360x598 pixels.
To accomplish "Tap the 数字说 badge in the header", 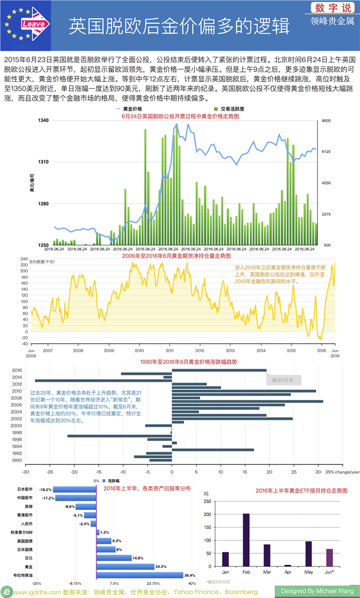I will [332, 8].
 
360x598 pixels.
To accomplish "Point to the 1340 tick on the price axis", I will [44, 120].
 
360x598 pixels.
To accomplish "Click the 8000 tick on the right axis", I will [326, 120].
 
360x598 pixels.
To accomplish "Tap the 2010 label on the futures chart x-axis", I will [139, 350].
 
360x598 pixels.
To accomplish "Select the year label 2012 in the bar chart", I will [17, 384].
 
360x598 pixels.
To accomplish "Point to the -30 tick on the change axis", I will [25, 472].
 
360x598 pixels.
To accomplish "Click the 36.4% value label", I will [190, 575].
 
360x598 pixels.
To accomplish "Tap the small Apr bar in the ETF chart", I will [287, 565].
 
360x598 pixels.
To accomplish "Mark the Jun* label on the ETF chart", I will [330, 572].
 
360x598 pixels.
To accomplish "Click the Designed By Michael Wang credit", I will [317, 591].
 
